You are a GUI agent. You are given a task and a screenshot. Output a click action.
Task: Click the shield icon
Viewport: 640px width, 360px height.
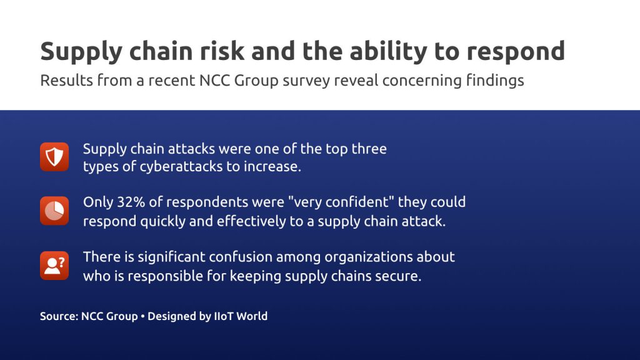point(54,157)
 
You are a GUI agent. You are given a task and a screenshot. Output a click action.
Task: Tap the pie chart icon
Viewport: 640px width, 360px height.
point(54,211)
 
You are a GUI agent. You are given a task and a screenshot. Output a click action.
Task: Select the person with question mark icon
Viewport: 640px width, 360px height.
point(54,266)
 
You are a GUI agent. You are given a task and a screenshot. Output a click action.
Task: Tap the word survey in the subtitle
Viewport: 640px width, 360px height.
point(306,81)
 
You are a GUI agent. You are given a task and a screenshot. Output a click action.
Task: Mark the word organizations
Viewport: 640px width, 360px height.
point(368,257)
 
